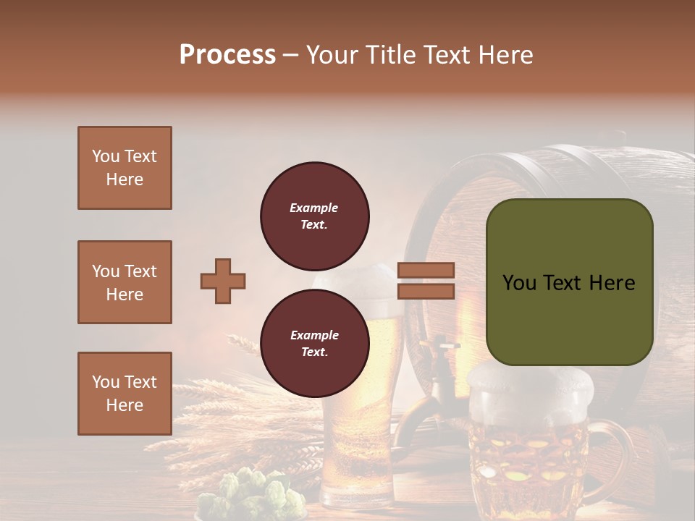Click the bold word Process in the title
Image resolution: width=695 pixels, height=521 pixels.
pos(227,54)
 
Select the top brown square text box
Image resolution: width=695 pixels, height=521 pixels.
pos(125,168)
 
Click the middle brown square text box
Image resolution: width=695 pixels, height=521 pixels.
pos(125,282)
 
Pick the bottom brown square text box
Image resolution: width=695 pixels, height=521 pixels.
pos(125,393)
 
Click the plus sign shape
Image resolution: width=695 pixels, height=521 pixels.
pos(223,281)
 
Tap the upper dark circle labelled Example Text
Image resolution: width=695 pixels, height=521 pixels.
pos(315,216)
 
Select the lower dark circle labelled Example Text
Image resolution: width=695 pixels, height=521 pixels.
pos(315,344)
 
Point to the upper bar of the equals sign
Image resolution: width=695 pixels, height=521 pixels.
pos(426,270)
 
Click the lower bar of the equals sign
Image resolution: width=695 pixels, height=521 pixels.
pos(426,291)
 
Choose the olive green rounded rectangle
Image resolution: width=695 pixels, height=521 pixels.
pos(569,282)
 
